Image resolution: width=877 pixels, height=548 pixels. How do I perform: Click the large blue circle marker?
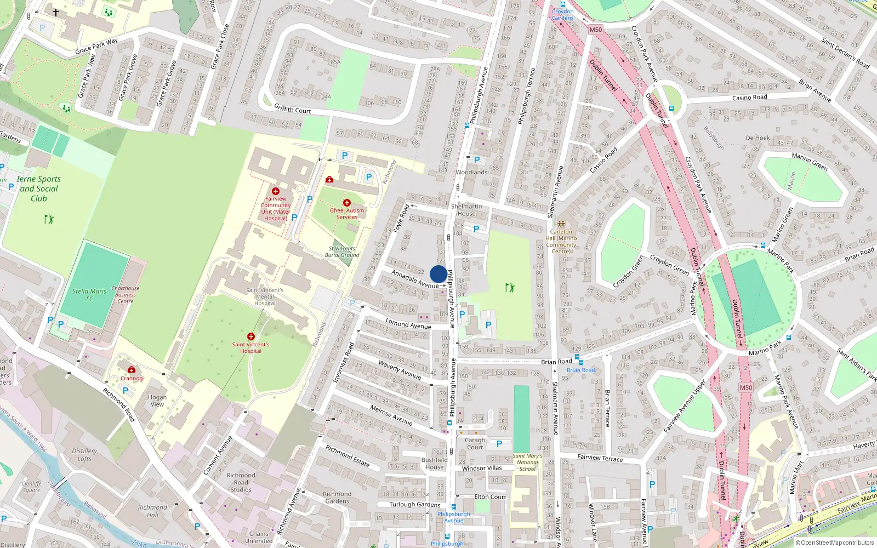coord(438,275)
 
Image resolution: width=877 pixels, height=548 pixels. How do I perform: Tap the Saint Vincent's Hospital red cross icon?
coord(250,336)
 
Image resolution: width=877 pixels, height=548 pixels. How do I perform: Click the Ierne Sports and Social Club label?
coord(39,189)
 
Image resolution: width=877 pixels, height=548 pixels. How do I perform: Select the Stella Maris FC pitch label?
coord(89,295)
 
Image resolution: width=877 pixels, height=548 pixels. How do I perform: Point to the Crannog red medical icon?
coord(132,370)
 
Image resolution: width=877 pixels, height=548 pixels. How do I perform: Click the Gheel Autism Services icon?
coord(347,203)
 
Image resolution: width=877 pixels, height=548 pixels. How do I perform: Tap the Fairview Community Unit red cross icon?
coord(276,191)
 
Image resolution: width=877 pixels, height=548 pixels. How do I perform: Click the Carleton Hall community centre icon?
coord(561,224)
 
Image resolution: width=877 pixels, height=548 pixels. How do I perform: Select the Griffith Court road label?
coord(293,109)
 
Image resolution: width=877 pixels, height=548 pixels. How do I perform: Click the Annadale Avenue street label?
coord(414,279)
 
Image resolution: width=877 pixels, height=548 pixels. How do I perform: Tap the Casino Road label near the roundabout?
coord(749,98)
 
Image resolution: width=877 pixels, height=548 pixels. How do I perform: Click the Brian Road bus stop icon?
coord(580,362)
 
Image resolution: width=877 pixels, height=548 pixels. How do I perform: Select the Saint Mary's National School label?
coord(527,462)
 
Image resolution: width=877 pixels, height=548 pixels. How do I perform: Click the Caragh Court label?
coord(475,443)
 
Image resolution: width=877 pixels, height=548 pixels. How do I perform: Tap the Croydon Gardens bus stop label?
coord(562,14)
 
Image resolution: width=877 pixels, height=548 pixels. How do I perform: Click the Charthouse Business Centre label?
coord(126,295)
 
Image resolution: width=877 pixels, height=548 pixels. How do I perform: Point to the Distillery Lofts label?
coord(84,455)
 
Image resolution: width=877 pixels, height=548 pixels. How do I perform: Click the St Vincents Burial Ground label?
coord(342,252)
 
